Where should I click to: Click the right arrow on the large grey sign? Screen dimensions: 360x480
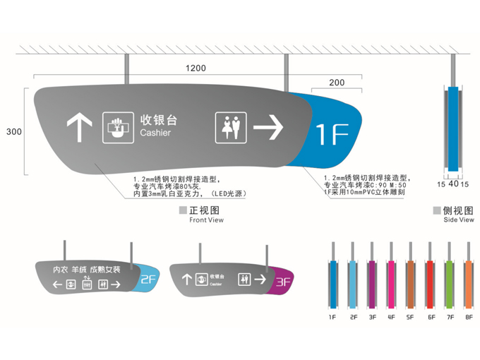click(268, 128)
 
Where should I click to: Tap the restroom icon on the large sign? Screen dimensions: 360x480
click(229, 128)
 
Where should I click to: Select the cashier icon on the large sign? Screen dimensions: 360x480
click(117, 128)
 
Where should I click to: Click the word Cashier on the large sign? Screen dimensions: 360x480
click(155, 133)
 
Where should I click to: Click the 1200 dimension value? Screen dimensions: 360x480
click(196, 68)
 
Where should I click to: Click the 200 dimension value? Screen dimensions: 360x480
click(337, 83)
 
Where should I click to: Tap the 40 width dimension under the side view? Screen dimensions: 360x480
click(452, 184)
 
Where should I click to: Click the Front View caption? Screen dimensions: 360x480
click(206, 220)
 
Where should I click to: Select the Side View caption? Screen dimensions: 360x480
click(459, 220)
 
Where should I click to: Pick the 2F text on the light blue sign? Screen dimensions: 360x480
click(148, 280)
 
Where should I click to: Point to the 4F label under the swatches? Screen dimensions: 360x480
click(390, 318)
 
